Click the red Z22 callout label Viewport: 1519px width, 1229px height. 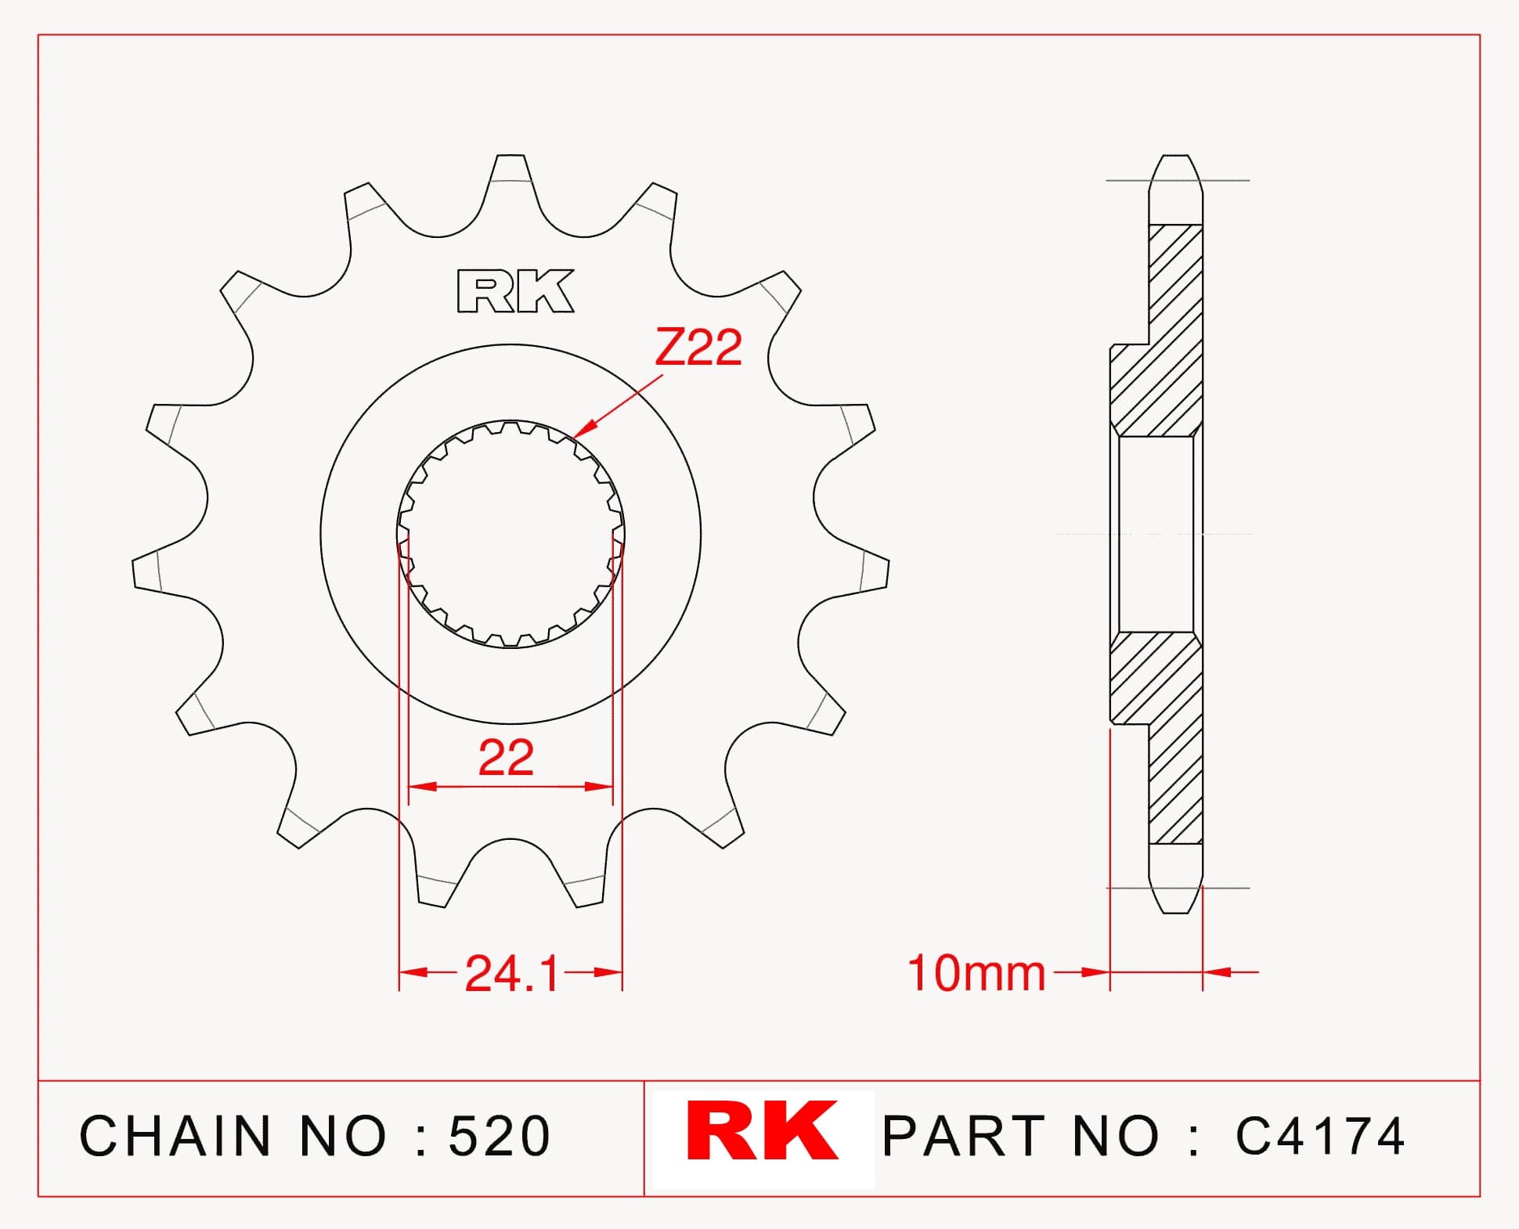click(x=698, y=348)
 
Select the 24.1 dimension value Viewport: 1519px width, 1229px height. click(x=511, y=974)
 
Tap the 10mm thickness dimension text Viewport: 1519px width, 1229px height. click(x=976, y=973)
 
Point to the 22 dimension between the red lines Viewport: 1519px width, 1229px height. click(x=506, y=758)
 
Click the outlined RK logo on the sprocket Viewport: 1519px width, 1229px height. click(x=515, y=291)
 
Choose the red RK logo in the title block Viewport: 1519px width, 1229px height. click(x=762, y=1131)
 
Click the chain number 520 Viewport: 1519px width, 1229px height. click(x=500, y=1136)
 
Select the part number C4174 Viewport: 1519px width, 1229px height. click(x=1320, y=1136)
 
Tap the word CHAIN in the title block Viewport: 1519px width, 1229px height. click(x=175, y=1136)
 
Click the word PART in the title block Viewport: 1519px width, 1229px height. click(x=964, y=1136)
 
